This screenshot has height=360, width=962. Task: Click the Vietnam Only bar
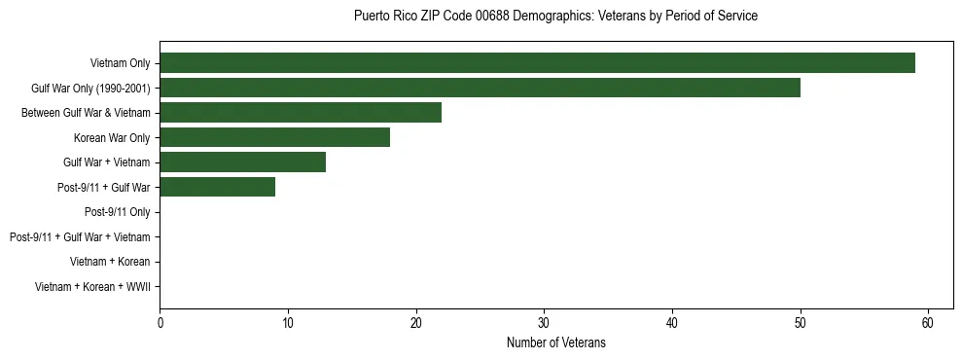tap(537, 63)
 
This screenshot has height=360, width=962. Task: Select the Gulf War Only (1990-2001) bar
tap(480, 89)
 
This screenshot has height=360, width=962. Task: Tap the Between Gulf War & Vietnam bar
tap(301, 113)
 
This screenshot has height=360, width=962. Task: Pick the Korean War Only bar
tap(274, 138)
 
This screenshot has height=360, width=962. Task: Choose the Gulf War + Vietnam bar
tap(242, 162)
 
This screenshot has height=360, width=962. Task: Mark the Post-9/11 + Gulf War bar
tap(217, 187)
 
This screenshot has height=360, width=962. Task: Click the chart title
tap(555, 17)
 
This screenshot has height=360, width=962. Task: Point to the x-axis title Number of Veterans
tap(555, 342)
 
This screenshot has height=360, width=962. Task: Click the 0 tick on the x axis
tap(160, 323)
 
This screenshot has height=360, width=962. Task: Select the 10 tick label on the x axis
tap(288, 323)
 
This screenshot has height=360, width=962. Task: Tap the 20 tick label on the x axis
tap(416, 323)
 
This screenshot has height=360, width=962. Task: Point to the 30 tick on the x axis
tap(544, 323)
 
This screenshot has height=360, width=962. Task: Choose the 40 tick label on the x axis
tap(672, 323)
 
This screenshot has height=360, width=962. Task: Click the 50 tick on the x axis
tap(801, 323)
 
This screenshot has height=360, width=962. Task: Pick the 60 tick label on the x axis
tap(928, 323)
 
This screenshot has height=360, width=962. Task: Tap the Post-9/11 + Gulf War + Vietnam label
tap(80, 236)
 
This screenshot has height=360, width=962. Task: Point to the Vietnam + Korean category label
tap(110, 262)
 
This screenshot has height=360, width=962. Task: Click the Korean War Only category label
tap(112, 138)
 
